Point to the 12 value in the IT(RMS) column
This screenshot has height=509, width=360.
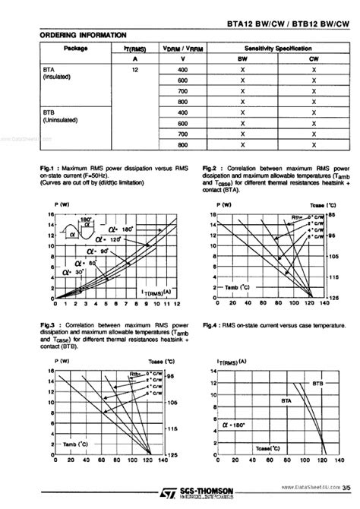(134, 69)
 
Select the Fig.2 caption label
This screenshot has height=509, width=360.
(210, 167)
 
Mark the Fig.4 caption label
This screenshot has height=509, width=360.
(210, 325)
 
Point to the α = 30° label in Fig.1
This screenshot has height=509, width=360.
(77, 271)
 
